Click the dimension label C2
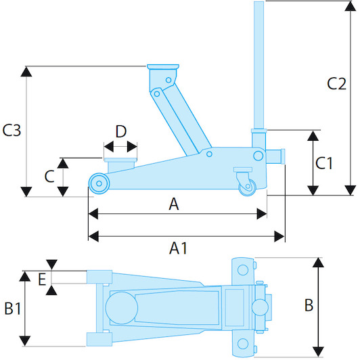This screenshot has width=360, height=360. point(336,84)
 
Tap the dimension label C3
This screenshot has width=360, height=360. point(12,130)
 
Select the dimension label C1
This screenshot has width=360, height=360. point(324,163)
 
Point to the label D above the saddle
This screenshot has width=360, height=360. point(121,131)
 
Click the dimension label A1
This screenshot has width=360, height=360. point(178,248)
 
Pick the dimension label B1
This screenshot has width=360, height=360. point(13,308)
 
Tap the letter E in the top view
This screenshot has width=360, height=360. point(42,279)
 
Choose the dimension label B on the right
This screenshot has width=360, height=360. point(309,305)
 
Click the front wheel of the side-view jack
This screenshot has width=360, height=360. point(99,183)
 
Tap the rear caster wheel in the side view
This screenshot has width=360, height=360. point(247,187)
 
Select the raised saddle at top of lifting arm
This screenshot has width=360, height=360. point(163,67)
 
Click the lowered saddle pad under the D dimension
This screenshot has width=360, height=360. point(120,160)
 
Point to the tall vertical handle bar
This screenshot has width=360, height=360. point(258,66)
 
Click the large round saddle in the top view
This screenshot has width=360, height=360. point(122,308)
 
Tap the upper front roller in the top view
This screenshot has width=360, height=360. point(99,277)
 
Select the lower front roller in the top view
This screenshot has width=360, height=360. point(99,339)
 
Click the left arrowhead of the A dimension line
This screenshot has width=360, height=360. point(93,214)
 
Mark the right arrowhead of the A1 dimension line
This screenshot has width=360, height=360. point(279,236)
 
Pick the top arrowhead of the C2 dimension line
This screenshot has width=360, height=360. point(351,6)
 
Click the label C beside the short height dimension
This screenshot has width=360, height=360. point(49,177)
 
